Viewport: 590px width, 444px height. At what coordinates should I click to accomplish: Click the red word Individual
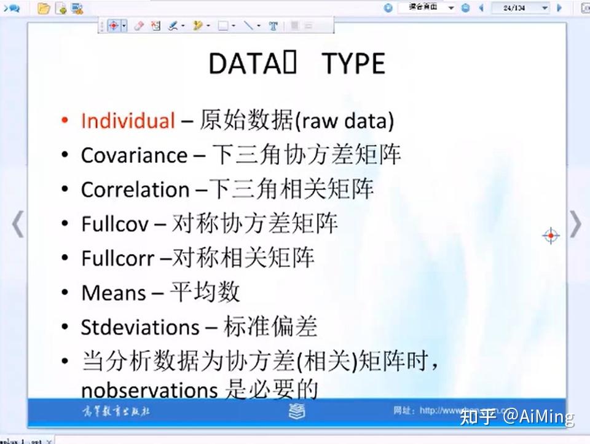[x=128, y=120]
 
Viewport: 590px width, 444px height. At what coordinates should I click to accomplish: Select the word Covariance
[x=134, y=155]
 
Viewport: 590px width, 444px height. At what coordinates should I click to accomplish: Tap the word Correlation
[x=135, y=189]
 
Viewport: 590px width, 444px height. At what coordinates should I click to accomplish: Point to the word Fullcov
[x=114, y=224]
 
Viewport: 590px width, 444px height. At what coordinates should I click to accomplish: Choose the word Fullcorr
[x=117, y=258]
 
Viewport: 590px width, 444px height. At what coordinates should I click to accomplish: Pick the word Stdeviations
[x=140, y=327]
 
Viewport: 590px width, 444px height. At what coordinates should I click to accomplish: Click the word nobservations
[x=149, y=390]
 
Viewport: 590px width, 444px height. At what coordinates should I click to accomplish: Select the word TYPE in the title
[x=354, y=64]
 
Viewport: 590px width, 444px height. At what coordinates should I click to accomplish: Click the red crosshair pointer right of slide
[x=551, y=235]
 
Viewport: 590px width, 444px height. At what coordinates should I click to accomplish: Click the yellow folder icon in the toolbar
[x=43, y=8]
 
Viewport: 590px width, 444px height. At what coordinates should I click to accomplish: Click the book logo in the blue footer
[x=297, y=411]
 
